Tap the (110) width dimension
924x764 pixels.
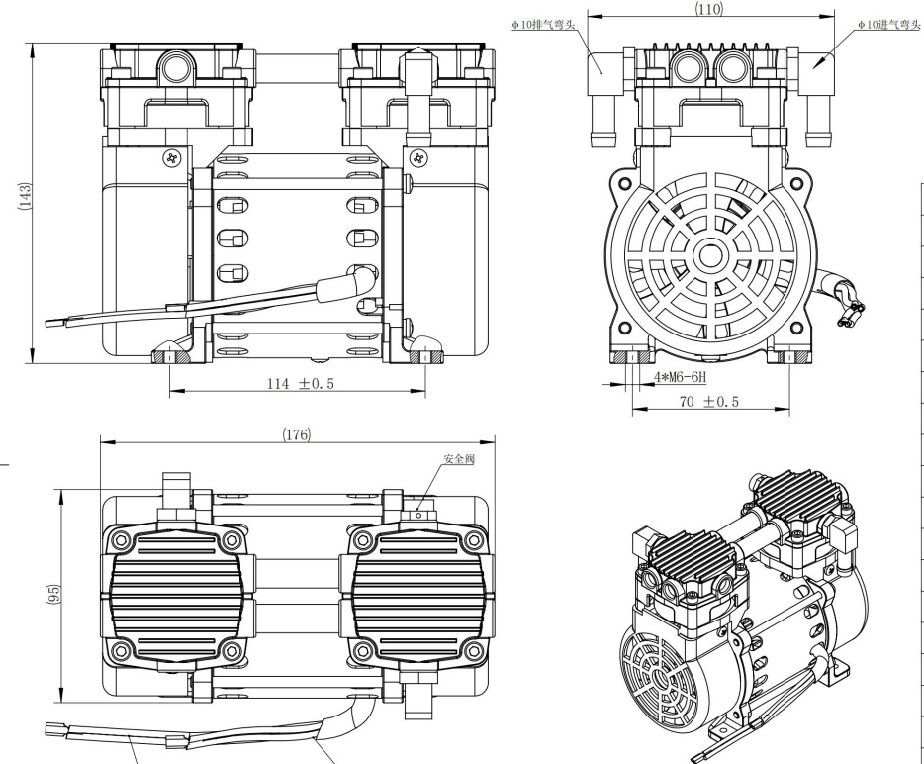tap(709, 9)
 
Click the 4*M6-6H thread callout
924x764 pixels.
tap(682, 378)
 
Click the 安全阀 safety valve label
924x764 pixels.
tap(460, 460)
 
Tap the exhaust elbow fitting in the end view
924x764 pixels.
tap(605, 99)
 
